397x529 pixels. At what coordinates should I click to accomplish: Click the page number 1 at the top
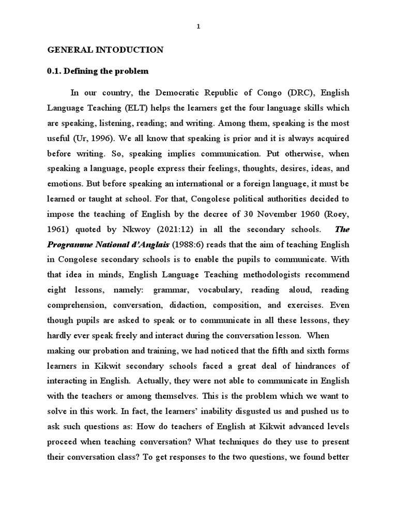click(x=198, y=28)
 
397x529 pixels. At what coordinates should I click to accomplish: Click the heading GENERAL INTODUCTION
click(x=105, y=50)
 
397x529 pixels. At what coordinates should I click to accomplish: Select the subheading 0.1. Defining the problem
click(x=98, y=71)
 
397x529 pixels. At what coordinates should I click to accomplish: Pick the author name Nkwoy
click(x=135, y=230)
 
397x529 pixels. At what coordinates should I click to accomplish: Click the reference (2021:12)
click(x=171, y=230)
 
